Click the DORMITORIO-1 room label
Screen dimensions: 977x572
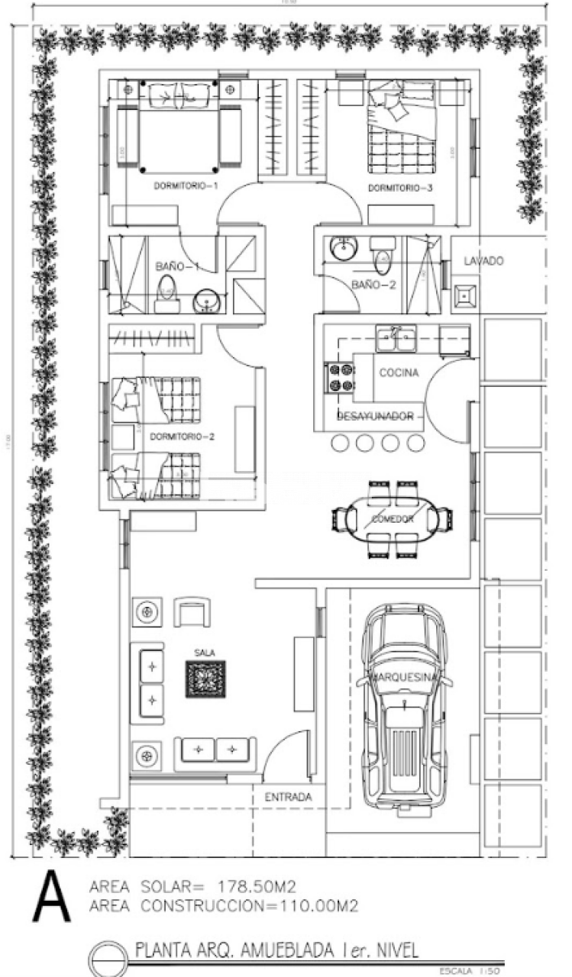click(186, 186)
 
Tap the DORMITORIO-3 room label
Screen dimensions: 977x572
click(400, 189)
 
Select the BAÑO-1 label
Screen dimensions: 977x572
click(177, 266)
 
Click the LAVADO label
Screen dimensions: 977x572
click(483, 261)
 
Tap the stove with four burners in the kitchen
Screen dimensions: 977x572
click(340, 377)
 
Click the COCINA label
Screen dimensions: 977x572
click(398, 372)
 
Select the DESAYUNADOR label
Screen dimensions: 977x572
click(380, 417)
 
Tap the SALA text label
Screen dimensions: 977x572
click(204, 652)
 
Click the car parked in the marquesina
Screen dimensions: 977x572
click(403, 706)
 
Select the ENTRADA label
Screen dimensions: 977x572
click(288, 797)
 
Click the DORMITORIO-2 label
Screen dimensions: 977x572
click(181, 437)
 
